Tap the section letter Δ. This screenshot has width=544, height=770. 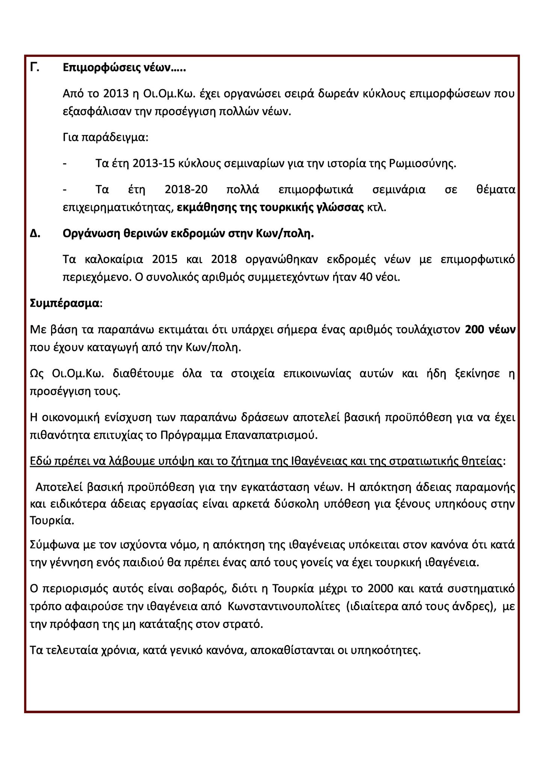[x=35, y=234]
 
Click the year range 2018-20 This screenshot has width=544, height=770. [x=186, y=189]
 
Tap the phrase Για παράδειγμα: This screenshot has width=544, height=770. [x=106, y=138]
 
